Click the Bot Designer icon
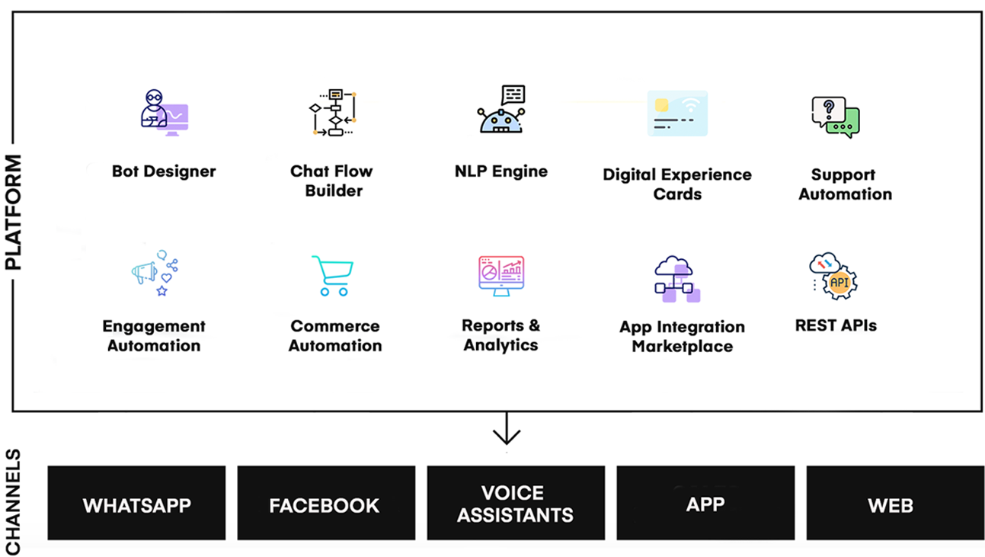coord(164,113)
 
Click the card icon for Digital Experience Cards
coord(677,114)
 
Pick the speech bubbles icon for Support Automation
coord(835,117)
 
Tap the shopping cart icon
coord(333,275)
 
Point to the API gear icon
coord(833,277)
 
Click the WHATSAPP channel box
coord(136,504)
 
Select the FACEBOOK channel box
coord(326,504)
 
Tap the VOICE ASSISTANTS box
coord(516,504)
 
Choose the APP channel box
coord(705,504)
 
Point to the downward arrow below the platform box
coord(506,431)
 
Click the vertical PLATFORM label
coord(13,213)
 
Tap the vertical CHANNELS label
coord(13,502)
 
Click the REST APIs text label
coord(836,325)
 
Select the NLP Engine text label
coord(501,171)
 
